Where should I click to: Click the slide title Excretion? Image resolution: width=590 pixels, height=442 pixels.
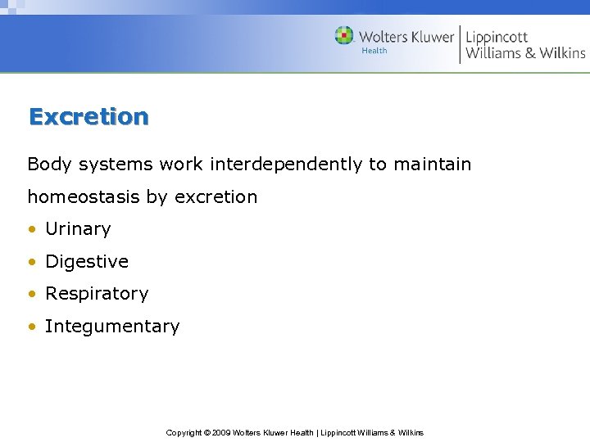pos(88,116)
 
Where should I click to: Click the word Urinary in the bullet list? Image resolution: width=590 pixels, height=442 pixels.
pos(78,229)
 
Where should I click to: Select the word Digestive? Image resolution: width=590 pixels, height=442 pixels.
pos(87,262)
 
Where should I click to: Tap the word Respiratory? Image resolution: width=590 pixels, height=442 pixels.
pos(97,294)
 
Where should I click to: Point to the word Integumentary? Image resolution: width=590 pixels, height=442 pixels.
pos(112,327)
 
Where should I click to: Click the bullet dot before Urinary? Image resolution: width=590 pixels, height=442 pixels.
pos(32,230)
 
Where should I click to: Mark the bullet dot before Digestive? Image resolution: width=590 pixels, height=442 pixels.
pos(32,263)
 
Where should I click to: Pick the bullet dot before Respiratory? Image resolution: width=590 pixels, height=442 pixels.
pos(32,295)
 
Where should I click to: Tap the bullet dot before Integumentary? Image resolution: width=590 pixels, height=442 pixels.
pos(32,327)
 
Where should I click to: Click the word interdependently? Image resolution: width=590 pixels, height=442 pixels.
pos(286,164)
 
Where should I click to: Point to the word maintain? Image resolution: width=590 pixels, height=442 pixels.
pos(433,164)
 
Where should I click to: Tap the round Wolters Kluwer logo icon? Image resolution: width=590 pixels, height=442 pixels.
pos(344,36)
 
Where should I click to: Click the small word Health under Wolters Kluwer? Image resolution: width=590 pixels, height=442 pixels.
pos(374,51)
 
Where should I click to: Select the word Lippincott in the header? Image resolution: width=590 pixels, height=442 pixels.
pos(497,36)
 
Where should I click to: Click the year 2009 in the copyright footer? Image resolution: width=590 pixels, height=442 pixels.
pos(220,433)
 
